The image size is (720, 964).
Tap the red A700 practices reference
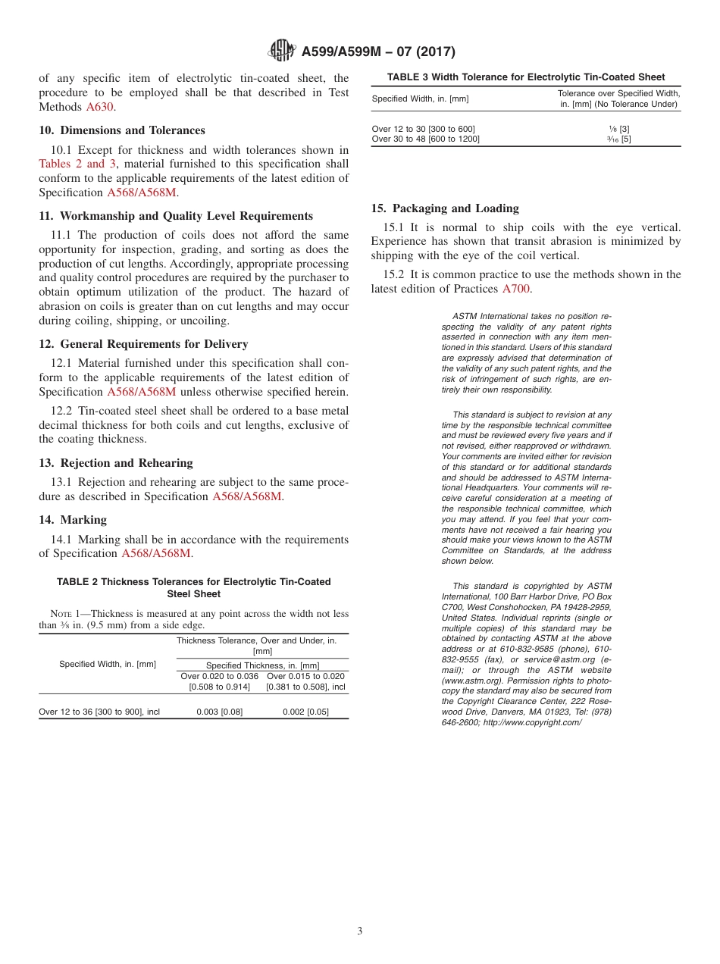[x=516, y=289]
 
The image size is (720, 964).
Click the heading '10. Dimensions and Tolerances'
[x=122, y=130]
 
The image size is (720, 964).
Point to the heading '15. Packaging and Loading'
[x=445, y=208]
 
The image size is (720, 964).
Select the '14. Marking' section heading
[x=73, y=520]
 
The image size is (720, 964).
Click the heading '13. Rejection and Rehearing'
[x=116, y=463]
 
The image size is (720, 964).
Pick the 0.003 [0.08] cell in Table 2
[x=220, y=712]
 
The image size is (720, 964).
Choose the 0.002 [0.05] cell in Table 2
[x=305, y=712]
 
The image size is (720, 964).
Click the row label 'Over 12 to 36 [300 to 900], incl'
[x=99, y=712]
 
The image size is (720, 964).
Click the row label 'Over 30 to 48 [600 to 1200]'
[x=426, y=139]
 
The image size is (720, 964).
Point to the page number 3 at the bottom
[x=360, y=931]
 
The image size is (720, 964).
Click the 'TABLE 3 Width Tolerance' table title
[x=526, y=77]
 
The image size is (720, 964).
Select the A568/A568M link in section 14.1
[x=156, y=553]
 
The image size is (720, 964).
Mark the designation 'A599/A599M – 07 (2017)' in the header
[x=378, y=52]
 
